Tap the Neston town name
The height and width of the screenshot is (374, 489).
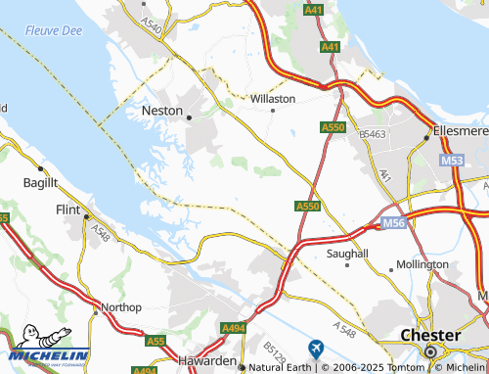click(162, 112)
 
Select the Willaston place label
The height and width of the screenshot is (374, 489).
click(273, 99)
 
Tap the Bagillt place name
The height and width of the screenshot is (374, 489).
click(41, 182)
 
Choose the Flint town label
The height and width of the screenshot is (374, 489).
click(68, 209)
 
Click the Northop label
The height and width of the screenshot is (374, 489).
click(121, 306)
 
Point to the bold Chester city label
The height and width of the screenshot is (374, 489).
click(431, 335)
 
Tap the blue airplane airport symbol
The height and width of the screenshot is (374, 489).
click(315, 348)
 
